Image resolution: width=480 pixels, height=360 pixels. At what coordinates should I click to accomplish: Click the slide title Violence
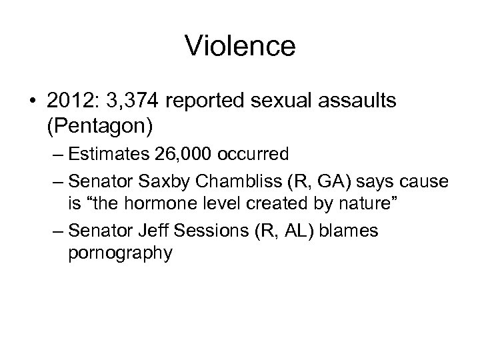click(240, 46)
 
